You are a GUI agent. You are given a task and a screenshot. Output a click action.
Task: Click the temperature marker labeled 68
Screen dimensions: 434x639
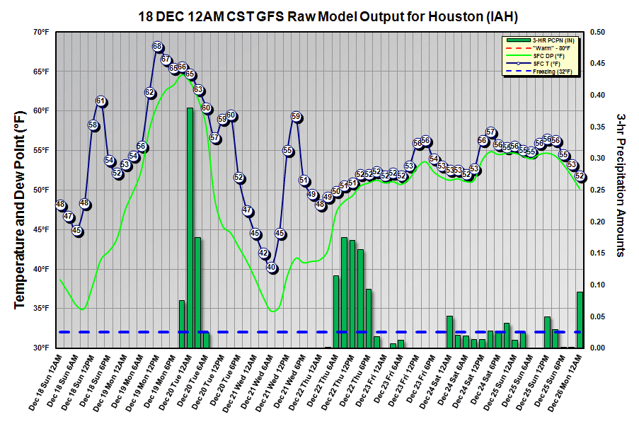point(158,47)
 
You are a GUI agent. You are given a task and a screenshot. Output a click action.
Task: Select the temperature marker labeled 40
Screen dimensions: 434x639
point(272,268)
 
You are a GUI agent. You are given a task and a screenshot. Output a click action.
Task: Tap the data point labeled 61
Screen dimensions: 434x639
point(100,101)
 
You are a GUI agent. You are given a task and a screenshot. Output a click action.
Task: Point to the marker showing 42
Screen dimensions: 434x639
point(263,253)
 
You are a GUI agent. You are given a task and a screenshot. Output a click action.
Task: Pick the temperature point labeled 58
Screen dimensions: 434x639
point(93,125)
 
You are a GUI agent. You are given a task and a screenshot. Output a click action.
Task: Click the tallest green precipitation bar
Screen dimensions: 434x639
point(190,227)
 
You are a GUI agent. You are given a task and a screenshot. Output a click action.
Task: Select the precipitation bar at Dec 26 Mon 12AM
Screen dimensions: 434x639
point(580,319)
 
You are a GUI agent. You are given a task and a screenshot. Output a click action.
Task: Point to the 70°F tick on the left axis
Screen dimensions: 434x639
point(40,33)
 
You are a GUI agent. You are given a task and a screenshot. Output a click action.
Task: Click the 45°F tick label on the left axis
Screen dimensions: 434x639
point(40,230)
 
